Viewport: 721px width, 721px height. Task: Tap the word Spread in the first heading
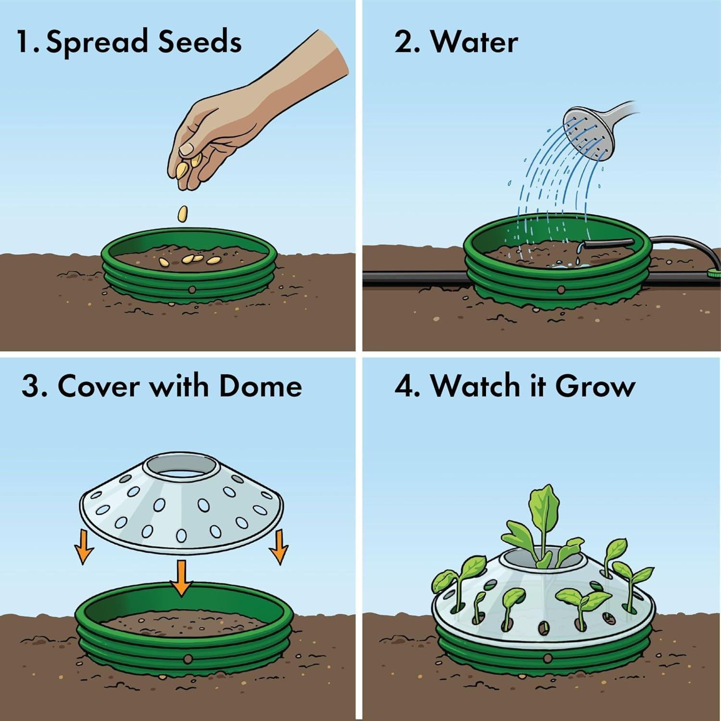96,43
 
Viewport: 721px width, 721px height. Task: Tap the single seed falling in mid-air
183,213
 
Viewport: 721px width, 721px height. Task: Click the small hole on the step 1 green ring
192,289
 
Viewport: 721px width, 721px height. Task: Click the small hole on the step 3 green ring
188,659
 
